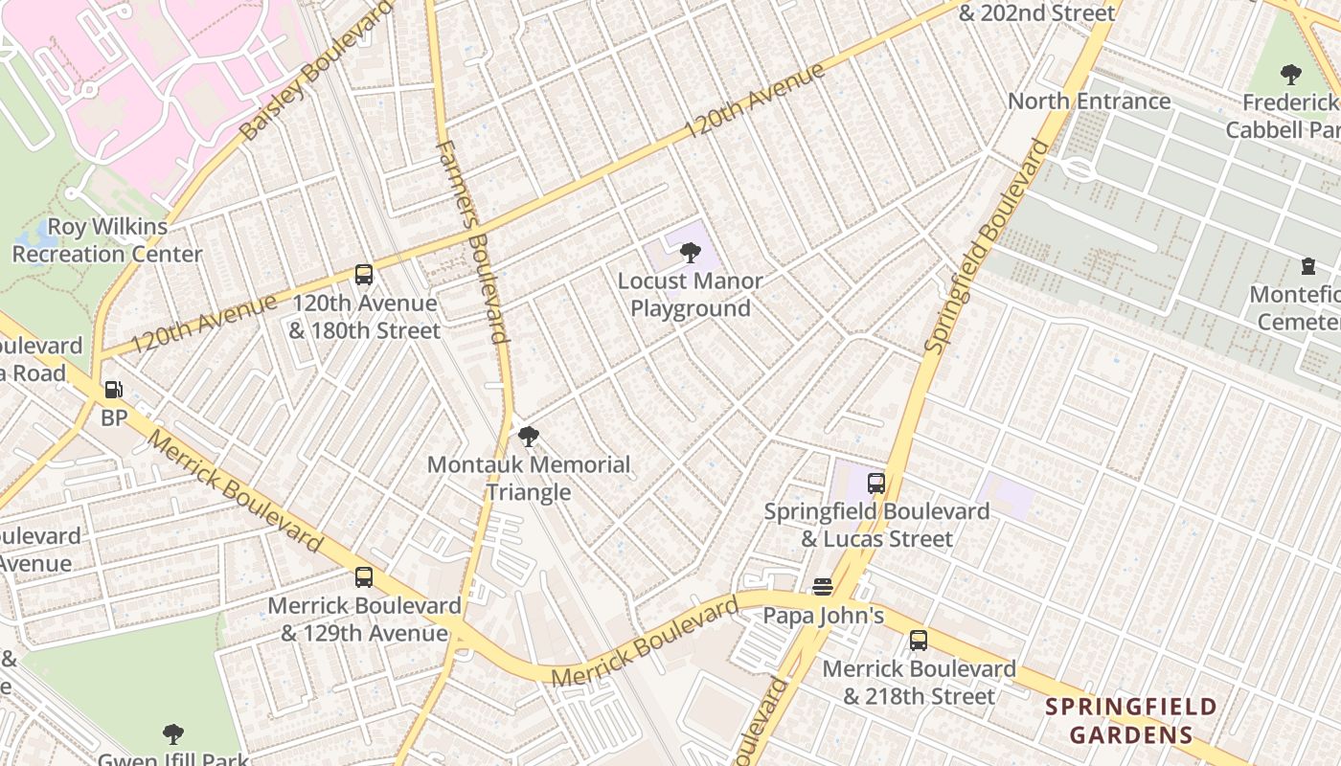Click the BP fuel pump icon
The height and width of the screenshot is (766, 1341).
point(113,390)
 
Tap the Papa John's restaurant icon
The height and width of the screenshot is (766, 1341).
point(823,587)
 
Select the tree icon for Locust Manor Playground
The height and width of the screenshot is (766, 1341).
point(690,253)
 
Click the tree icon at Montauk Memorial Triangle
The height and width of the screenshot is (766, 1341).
point(528,438)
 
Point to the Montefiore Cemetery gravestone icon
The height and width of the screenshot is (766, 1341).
point(1308,266)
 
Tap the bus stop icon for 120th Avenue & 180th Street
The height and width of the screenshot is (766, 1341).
point(364,275)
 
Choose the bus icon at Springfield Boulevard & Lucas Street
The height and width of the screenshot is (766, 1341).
point(875,484)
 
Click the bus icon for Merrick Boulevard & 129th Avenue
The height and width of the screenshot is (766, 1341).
point(364,577)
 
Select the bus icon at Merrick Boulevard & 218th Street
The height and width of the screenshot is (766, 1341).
point(919,641)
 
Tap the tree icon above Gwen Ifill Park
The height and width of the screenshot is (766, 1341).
point(173,734)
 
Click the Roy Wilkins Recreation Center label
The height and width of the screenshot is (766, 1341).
point(106,240)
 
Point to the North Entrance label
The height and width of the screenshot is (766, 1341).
point(1089,101)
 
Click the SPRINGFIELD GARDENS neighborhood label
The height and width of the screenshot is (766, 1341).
point(1130,721)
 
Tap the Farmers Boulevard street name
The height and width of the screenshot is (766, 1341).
point(471,241)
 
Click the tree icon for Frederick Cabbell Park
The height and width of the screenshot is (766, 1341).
point(1290,74)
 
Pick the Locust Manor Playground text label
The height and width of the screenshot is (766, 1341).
point(690,295)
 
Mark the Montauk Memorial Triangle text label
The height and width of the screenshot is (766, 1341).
point(528,479)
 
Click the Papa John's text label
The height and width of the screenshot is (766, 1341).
point(823,616)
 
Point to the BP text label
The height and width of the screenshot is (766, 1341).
point(114,418)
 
